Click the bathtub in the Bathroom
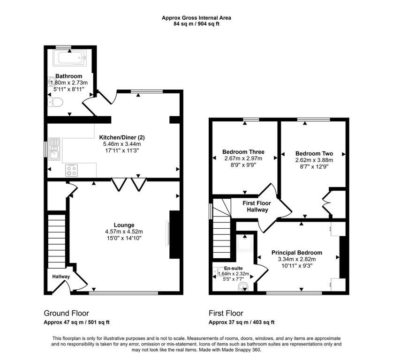(x=70, y=58)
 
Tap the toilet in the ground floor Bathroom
(x=56, y=102)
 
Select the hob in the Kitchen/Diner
(x=71, y=170)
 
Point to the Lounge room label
(x=124, y=225)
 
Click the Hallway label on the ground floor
(x=61, y=277)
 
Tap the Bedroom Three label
(x=243, y=152)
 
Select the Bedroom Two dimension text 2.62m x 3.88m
(x=314, y=160)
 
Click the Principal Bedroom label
(x=297, y=253)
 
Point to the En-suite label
(x=234, y=268)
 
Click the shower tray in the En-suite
(x=245, y=243)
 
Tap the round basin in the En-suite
(x=242, y=286)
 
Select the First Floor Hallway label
(x=257, y=206)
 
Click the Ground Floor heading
(x=66, y=313)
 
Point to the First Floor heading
(x=226, y=313)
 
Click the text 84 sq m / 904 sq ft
(x=196, y=24)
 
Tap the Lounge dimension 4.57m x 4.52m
(x=124, y=232)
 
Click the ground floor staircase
(x=57, y=241)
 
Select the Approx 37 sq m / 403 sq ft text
(x=242, y=322)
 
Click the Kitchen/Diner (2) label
(x=122, y=137)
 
